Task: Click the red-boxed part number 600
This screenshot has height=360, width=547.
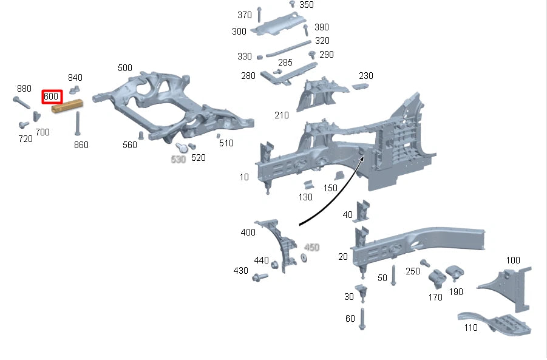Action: click(x=52, y=97)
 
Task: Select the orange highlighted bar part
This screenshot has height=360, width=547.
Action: click(x=67, y=107)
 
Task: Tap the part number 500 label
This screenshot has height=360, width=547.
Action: click(x=124, y=67)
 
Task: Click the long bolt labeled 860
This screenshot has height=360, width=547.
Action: click(x=78, y=124)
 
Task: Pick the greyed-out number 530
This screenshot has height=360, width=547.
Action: click(x=178, y=159)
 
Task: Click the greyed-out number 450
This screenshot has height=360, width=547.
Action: click(x=311, y=247)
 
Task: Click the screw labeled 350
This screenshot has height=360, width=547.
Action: click(x=292, y=5)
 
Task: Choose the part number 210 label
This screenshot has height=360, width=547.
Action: click(x=282, y=115)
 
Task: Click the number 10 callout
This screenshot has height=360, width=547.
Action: click(x=244, y=177)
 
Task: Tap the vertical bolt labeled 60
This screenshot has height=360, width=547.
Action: click(x=362, y=318)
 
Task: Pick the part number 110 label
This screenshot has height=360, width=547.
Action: click(x=470, y=328)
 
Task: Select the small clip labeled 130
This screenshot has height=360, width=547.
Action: click(x=308, y=185)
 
